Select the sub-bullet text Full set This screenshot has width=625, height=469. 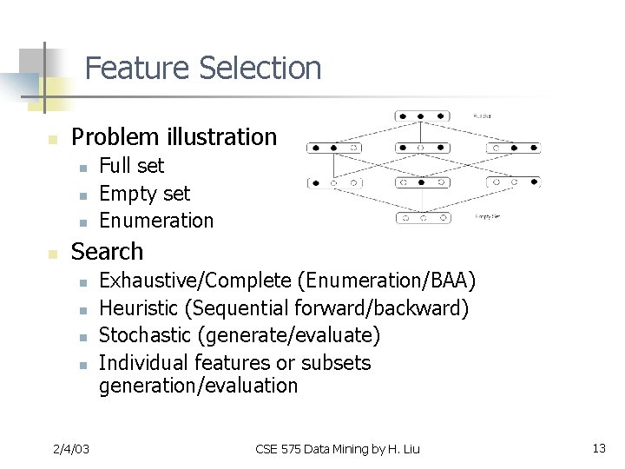tap(131, 165)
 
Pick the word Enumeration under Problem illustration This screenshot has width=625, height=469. tap(156, 220)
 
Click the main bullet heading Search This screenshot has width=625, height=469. tap(107, 251)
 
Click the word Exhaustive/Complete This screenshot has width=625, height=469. tap(195, 281)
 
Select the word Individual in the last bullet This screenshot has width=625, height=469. tap(144, 362)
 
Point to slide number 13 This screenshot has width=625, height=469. tap(598, 448)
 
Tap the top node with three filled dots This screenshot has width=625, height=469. tap(421, 116)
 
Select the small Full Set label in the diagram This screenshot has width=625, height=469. tap(483, 115)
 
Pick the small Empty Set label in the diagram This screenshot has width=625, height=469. tap(486, 216)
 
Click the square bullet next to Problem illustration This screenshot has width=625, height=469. tap(52, 138)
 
